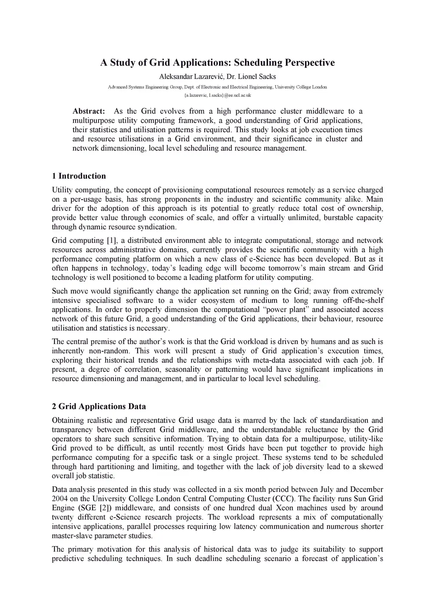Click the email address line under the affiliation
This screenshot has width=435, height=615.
click(x=217, y=95)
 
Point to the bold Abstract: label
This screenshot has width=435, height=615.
click(x=89, y=111)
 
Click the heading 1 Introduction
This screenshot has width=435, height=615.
click(x=79, y=176)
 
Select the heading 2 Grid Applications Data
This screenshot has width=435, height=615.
click(x=99, y=406)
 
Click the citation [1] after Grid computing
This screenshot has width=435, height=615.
click(x=112, y=240)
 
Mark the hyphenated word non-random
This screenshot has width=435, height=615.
click(x=109, y=351)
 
